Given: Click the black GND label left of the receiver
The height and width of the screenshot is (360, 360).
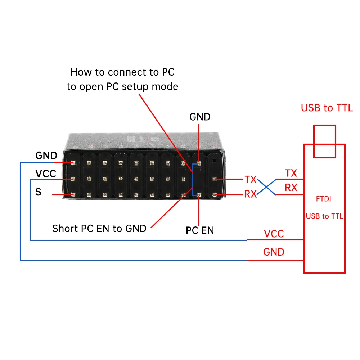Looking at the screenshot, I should coord(46,156).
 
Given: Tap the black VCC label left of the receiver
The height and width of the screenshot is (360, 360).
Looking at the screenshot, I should coord(46,174).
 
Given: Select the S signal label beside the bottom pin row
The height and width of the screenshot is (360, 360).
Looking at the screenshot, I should coord(39,192).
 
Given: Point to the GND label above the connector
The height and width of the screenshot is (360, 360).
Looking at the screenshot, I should coord(200,117).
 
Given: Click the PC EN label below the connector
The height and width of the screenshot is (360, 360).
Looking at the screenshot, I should coord(200,230).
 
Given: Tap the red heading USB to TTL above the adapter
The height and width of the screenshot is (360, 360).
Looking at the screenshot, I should coord(327,108).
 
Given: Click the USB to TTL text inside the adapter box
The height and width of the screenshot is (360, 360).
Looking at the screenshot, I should coord(324,216).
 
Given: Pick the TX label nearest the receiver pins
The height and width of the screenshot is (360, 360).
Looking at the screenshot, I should coord(251,179).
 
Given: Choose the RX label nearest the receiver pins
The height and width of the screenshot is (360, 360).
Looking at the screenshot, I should coord(251,194).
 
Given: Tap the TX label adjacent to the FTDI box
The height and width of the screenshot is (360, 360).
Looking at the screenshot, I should coord(291,173).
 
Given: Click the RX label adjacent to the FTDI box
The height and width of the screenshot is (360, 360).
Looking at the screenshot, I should coord(291,188).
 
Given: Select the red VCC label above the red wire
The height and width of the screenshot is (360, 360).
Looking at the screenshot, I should coord(274,234).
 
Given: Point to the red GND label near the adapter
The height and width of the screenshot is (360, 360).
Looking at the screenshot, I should coord(274,252).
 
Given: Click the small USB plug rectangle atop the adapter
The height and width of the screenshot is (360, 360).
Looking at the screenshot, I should coord(324,141).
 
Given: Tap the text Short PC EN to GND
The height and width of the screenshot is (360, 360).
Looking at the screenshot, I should coord(99,228).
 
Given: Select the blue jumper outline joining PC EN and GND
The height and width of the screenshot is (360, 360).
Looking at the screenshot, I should coord(193,179).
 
